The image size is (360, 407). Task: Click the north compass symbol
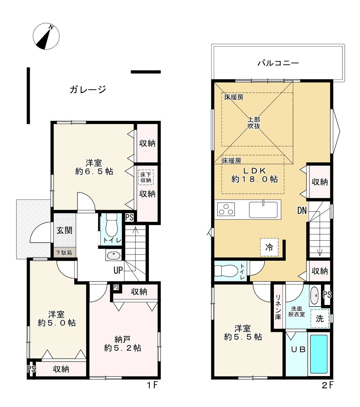(x=46, y=37)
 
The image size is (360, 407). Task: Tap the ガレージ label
(x=88, y=89)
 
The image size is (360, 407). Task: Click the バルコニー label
(x=278, y=63)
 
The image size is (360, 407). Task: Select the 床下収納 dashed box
(x=146, y=177)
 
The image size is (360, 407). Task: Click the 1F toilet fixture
(x=111, y=225)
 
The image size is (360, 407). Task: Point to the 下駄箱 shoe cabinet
(x=65, y=253)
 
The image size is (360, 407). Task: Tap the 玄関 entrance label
(x=65, y=230)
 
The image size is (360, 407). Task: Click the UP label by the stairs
(x=118, y=270)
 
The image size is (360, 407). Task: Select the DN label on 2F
(x=302, y=211)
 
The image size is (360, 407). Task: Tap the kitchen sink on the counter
(x=263, y=209)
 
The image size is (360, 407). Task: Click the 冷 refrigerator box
(x=269, y=247)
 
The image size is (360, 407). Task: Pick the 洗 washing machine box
(x=320, y=318)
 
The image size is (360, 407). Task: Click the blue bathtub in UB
(x=318, y=354)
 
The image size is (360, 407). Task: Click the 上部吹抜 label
(x=254, y=123)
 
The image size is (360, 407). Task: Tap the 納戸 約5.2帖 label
(x=123, y=344)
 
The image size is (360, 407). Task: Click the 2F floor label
(x=327, y=385)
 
